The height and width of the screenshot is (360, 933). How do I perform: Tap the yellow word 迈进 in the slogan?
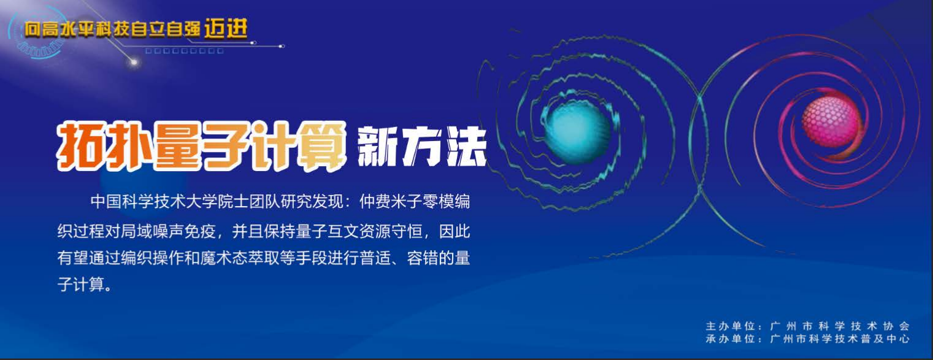226,29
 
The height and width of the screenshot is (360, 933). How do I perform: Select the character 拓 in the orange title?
79,147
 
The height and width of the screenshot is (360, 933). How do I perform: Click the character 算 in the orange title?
323,146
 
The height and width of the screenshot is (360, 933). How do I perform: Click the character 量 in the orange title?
177,147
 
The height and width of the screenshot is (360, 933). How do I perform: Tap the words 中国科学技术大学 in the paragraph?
154,202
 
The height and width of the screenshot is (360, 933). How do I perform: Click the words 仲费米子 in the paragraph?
391,202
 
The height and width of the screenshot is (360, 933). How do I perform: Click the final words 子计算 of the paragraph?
81,285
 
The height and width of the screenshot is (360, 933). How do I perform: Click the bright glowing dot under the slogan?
134,63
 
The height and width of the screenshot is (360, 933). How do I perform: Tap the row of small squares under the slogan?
184,51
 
